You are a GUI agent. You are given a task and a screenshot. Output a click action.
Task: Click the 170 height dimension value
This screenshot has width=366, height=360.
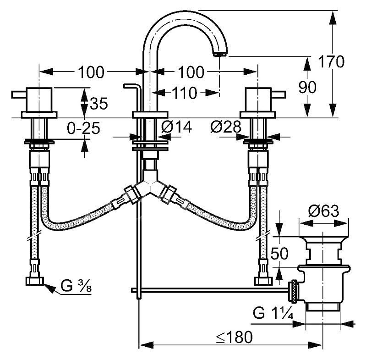pos(331,61)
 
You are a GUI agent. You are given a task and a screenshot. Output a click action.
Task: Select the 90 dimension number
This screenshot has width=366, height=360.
pos(307,87)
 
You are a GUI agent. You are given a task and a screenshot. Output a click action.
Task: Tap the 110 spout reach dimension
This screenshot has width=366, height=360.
pos(185,93)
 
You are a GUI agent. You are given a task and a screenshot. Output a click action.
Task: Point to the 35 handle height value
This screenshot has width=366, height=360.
pos(99,104)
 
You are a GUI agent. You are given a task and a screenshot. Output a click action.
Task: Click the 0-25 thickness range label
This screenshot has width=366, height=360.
pos(83,128)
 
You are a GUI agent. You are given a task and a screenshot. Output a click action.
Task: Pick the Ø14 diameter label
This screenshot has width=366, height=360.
pos(176,127)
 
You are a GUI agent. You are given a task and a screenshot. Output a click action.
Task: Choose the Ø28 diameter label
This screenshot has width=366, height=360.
pos(226,127)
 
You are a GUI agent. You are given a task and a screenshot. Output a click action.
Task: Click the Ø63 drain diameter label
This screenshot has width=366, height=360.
pos(323,211)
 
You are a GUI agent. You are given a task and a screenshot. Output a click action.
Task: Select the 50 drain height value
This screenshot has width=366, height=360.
pos(279,254)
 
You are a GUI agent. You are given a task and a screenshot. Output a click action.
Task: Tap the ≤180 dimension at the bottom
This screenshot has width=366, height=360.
pos(234,337)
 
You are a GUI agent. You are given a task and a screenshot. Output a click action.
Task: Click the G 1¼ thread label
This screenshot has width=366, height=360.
pos(273,313)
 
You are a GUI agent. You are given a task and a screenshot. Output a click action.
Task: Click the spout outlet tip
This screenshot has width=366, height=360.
pos(220,54)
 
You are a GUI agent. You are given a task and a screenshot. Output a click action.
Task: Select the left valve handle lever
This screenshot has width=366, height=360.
pos(19,94)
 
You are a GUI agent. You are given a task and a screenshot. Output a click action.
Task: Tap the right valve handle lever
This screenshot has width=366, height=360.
pos(278,94)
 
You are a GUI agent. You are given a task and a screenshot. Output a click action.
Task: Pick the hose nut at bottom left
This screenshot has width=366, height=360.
pos(35,281)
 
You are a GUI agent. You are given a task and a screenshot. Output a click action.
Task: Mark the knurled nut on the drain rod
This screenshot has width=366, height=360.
pos(294,291)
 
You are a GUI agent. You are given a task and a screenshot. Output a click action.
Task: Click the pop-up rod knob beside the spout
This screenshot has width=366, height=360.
pos(132,86)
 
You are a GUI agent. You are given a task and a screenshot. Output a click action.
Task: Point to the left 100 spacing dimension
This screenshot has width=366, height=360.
pos(91,72)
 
